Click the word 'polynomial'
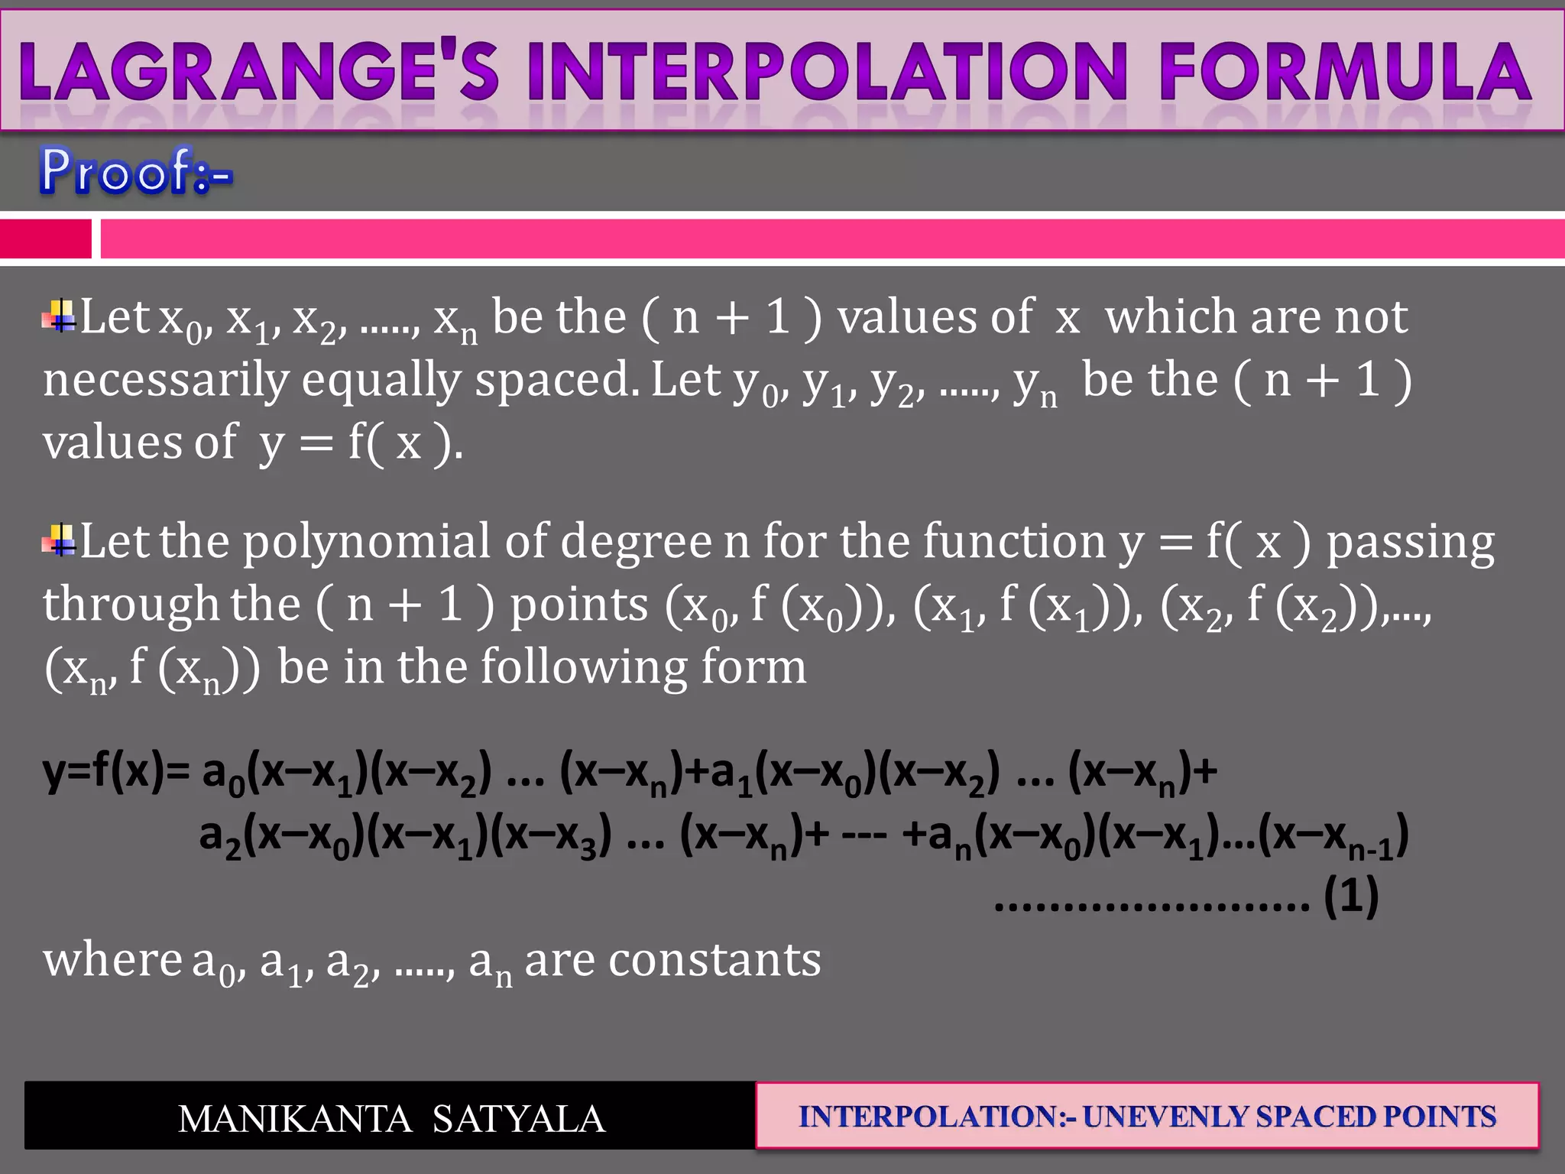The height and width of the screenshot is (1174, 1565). (x=366, y=543)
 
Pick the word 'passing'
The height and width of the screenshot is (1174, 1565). (x=1410, y=543)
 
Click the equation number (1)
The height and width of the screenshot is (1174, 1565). (x=1351, y=896)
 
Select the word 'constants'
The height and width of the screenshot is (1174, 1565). (x=714, y=960)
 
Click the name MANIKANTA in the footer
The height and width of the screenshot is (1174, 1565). (x=295, y=1119)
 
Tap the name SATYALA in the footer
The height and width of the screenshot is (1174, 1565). (x=519, y=1119)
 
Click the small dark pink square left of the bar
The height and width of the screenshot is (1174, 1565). (x=45, y=238)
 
